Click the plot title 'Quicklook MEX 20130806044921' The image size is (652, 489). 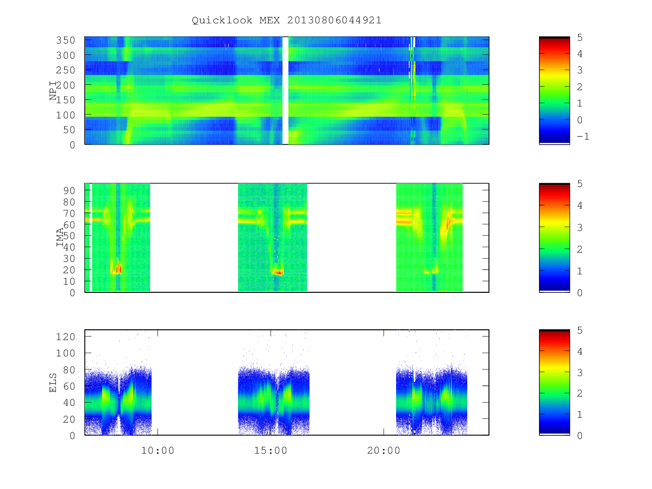[x=286, y=20]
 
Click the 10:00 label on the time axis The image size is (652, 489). [x=158, y=450]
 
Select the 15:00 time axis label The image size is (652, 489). [x=271, y=450]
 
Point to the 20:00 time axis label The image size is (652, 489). [x=384, y=450]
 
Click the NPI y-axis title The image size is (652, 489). [x=53, y=91]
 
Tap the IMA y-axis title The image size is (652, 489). [x=60, y=237]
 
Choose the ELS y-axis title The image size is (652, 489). [x=53, y=383]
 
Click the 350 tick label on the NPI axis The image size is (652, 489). [x=66, y=40]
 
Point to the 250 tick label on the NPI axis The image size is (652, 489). [x=66, y=70]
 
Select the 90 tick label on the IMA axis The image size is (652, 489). [x=69, y=191]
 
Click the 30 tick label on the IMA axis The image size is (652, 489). [x=69, y=259]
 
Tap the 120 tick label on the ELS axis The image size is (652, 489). [x=66, y=337]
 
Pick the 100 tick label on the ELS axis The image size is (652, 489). [x=66, y=353]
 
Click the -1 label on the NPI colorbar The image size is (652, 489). [x=583, y=136]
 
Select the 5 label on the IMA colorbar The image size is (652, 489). [x=580, y=184]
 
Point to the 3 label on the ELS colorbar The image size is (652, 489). [x=580, y=372]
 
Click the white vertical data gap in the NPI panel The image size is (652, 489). [x=285, y=90]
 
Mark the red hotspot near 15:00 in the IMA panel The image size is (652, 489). [x=278, y=272]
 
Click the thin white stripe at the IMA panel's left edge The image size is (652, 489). [x=91, y=237]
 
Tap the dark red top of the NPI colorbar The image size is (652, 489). [x=554, y=38]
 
